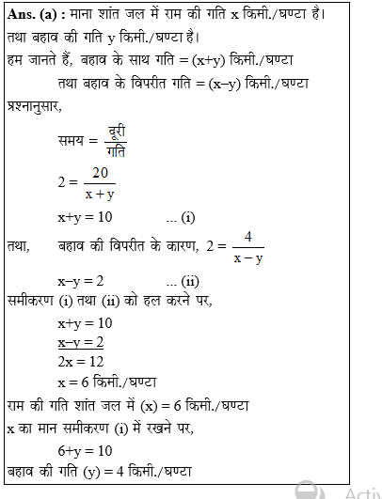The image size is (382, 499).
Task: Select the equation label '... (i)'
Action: point(180,217)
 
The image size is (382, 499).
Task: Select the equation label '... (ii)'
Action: point(182,281)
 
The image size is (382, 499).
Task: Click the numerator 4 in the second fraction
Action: point(247,236)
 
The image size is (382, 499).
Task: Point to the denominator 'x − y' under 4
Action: point(247,257)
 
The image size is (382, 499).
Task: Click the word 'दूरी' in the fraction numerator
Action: point(117,129)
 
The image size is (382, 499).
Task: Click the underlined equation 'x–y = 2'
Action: point(81,342)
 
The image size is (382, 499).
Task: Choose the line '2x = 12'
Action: point(81,362)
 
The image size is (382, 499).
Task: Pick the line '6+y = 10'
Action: point(85,450)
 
